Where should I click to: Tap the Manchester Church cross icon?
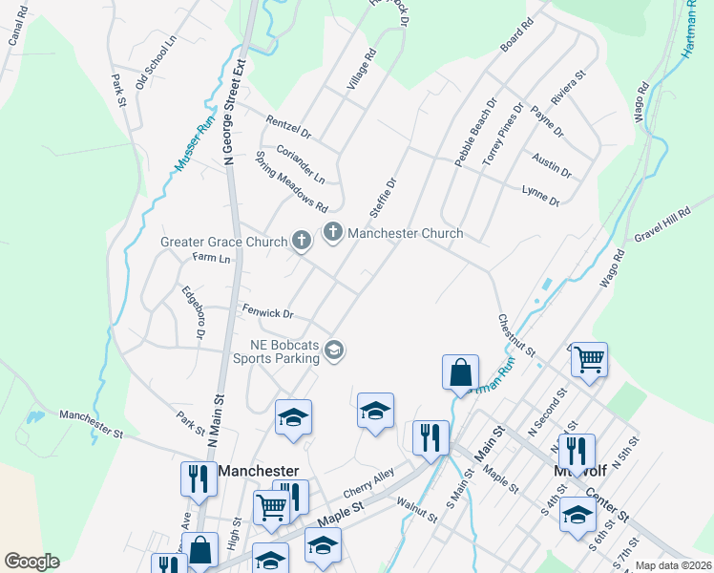[x=333, y=232]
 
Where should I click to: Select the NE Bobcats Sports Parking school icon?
[x=333, y=351]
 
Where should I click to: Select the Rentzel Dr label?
[x=288, y=125]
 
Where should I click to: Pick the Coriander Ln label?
[x=301, y=164]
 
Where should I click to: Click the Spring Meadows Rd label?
[x=292, y=181]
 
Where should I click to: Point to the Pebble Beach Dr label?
[x=476, y=133]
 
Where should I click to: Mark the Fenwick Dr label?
[x=266, y=311]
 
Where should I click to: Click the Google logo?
[x=31, y=562]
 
